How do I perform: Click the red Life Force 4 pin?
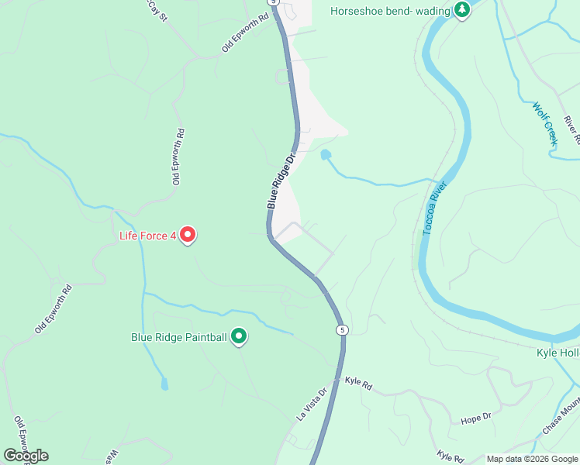click(x=187, y=234)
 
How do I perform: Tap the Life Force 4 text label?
click(x=147, y=235)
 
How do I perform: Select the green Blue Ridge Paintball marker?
click(x=240, y=336)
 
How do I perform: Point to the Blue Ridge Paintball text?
click(x=178, y=337)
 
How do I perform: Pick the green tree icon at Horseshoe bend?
click(x=463, y=10)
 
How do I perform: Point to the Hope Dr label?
click(x=476, y=417)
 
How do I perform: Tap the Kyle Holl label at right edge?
click(x=558, y=353)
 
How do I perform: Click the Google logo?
click(x=26, y=456)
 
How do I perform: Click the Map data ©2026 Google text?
click(x=532, y=459)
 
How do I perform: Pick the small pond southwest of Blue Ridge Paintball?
click(x=164, y=384)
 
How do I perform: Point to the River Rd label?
click(x=572, y=130)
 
